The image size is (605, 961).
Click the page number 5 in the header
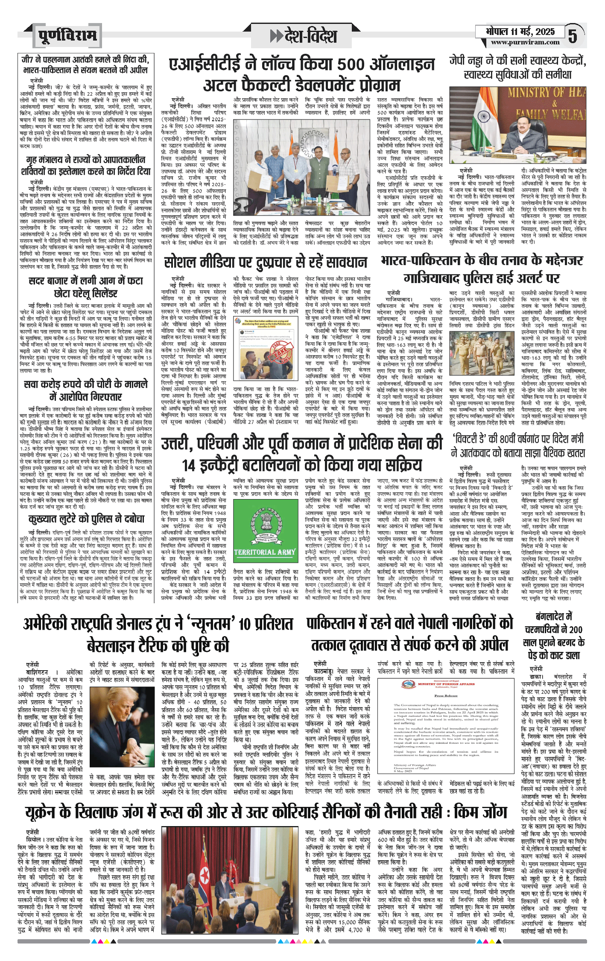pos(573,35)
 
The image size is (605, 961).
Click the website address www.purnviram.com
pos(525,42)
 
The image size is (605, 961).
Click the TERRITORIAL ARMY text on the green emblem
pos(265,552)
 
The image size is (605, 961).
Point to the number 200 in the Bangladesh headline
pos(576,630)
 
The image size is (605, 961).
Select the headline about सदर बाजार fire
pos(85,287)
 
